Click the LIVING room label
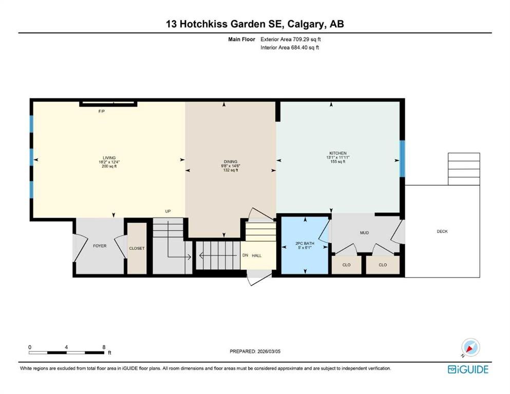pyautogui.click(x=109, y=158)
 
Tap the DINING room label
pyautogui.click(x=231, y=162)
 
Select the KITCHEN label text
pyautogui.click(x=338, y=153)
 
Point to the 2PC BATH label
pyautogui.click(x=305, y=243)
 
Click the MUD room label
pyautogui.click(x=364, y=232)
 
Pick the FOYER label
pyautogui.click(x=100, y=246)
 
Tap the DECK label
pyautogui.click(x=442, y=231)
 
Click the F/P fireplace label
pyautogui.click(x=102, y=111)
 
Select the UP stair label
pyautogui.click(x=168, y=211)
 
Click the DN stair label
pyautogui.click(x=245, y=255)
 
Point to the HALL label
pyautogui.click(x=257, y=255)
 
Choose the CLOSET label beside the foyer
pyautogui.click(x=137, y=248)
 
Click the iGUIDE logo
pyautogui.click(x=468, y=369)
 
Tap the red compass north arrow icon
pyautogui.click(x=469, y=348)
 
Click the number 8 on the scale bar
pyautogui.click(x=104, y=347)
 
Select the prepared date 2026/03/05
pyautogui.click(x=269, y=351)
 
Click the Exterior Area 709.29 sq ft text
pyautogui.click(x=291, y=40)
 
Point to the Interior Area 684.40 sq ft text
pyautogui.click(x=290, y=47)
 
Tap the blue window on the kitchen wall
pyautogui.click(x=402, y=159)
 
